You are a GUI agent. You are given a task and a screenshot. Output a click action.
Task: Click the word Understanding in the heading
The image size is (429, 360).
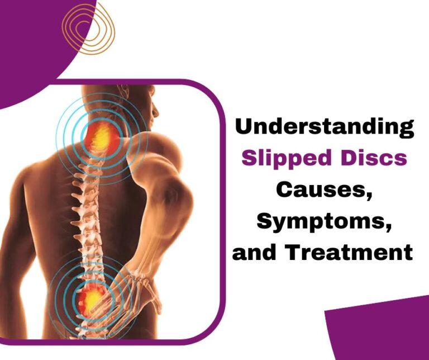pos(324,127)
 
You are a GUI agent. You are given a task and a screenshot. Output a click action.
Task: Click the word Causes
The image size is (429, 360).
pos(325,190)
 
